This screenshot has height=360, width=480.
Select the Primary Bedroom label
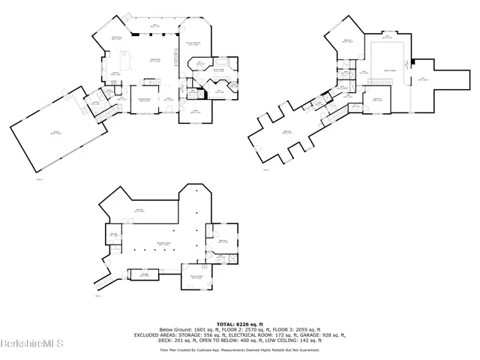(x=193, y=43)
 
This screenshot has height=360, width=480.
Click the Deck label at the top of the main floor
(x=154, y=25)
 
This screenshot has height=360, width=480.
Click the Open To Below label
(x=390, y=67)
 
